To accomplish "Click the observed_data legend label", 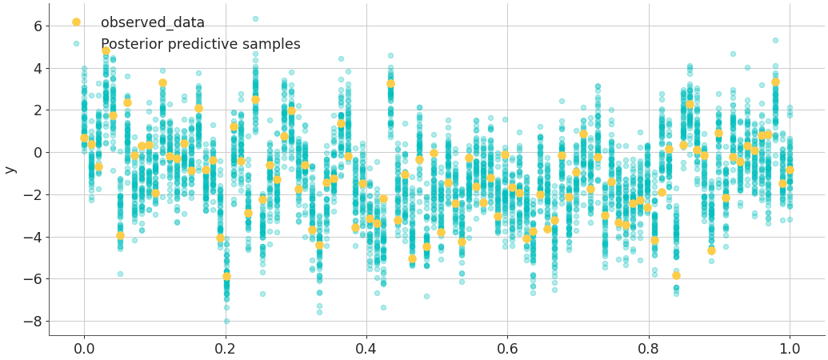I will click(x=152, y=22).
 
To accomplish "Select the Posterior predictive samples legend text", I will click(x=200, y=44).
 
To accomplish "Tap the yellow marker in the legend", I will click(x=76, y=22).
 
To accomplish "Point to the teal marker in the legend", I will click(x=76, y=43).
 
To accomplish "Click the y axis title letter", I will click(x=10, y=169).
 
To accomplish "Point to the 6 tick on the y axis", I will click(x=35, y=26).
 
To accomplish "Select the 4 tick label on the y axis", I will click(x=35, y=68).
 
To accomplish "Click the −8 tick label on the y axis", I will click(x=30, y=322).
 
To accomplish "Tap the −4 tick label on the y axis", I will click(x=30, y=237).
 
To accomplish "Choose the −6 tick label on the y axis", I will click(x=30, y=279).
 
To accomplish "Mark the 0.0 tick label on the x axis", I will click(x=83, y=349).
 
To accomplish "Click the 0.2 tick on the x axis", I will click(x=225, y=349).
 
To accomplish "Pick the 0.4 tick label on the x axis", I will click(x=366, y=349).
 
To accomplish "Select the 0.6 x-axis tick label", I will click(x=507, y=349).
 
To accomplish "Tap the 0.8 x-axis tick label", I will click(x=649, y=349).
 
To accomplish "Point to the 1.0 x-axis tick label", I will click(x=790, y=349).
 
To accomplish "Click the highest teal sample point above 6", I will click(x=255, y=18).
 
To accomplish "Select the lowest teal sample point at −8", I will click(x=226, y=321).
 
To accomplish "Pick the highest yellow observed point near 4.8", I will click(x=106, y=50).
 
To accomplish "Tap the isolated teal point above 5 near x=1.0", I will click(x=775, y=40).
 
